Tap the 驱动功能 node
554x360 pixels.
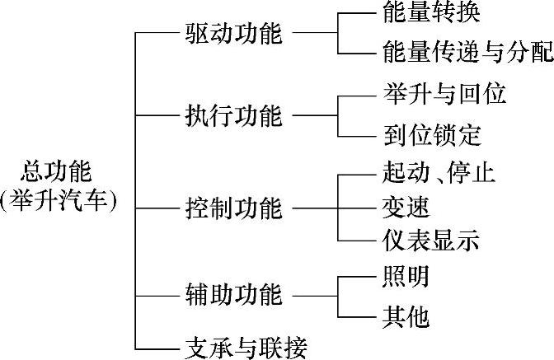click(233, 35)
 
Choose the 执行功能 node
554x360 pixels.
click(233, 116)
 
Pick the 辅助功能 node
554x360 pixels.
click(233, 294)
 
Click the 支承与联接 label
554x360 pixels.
click(245, 347)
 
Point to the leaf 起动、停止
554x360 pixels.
click(439, 174)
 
